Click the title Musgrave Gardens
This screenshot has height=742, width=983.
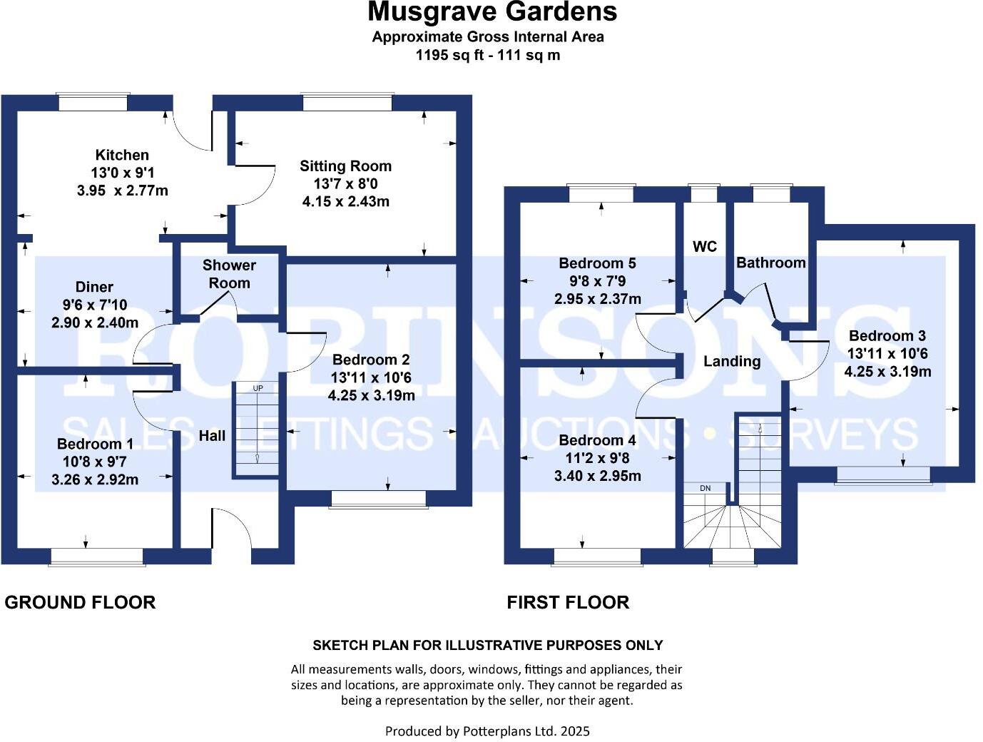[x=491, y=12]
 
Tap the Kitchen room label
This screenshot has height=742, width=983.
[x=122, y=155]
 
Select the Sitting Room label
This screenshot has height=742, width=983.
[x=345, y=166]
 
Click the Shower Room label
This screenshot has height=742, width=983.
[x=229, y=274]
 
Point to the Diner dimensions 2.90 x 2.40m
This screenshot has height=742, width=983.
[x=95, y=322]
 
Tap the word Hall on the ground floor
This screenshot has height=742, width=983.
[x=212, y=436]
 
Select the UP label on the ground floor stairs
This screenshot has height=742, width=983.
[x=258, y=388]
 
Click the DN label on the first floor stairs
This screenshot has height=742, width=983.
[x=705, y=488]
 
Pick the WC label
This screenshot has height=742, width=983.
[x=704, y=247]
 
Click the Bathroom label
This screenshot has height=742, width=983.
[x=770, y=263]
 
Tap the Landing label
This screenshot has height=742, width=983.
[x=731, y=361]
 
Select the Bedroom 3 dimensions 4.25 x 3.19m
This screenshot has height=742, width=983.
[x=887, y=372]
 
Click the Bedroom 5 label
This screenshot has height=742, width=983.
[x=597, y=263]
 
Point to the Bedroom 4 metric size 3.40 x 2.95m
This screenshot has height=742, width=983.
[x=597, y=476]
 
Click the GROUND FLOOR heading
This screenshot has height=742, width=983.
[x=80, y=602]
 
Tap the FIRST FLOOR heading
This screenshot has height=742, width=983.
[x=568, y=602]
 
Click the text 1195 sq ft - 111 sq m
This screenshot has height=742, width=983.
[x=488, y=55]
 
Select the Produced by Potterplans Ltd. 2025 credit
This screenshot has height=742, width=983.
[x=487, y=731]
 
